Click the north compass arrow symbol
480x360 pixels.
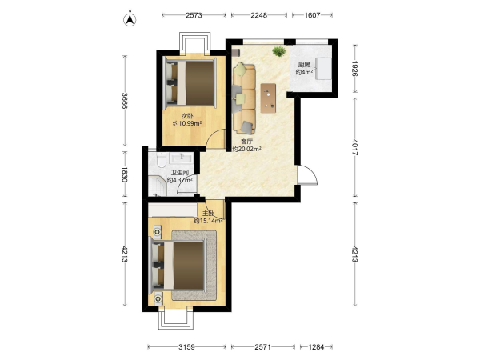(x=130, y=19)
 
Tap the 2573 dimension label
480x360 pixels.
(x=194, y=15)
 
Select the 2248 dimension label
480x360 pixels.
(x=259, y=15)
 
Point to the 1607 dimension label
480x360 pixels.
(x=312, y=15)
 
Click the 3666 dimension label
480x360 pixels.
(x=125, y=101)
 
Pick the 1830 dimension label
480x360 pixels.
(x=125, y=174)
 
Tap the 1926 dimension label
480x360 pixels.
(x=354, y=68)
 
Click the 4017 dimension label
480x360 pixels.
(x=354, y=147)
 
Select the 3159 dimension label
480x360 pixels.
(x=186, y=347)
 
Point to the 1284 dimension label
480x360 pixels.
(x=316, y=347)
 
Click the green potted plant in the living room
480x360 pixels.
(x=278, y=51)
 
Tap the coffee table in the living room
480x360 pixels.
(x=269, y=98)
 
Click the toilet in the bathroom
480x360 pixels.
(x=161, y=161)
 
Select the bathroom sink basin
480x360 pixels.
(x=181, y=158)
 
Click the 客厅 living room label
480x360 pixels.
(x=246, y=142)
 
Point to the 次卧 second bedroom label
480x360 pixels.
(x=187, y=116)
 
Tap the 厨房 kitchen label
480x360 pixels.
(x=304, y=65)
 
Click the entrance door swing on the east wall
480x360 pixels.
(x=308, y=175)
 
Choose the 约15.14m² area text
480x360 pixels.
(x=208, y=221)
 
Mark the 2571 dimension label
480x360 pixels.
(x=262, y=347)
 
